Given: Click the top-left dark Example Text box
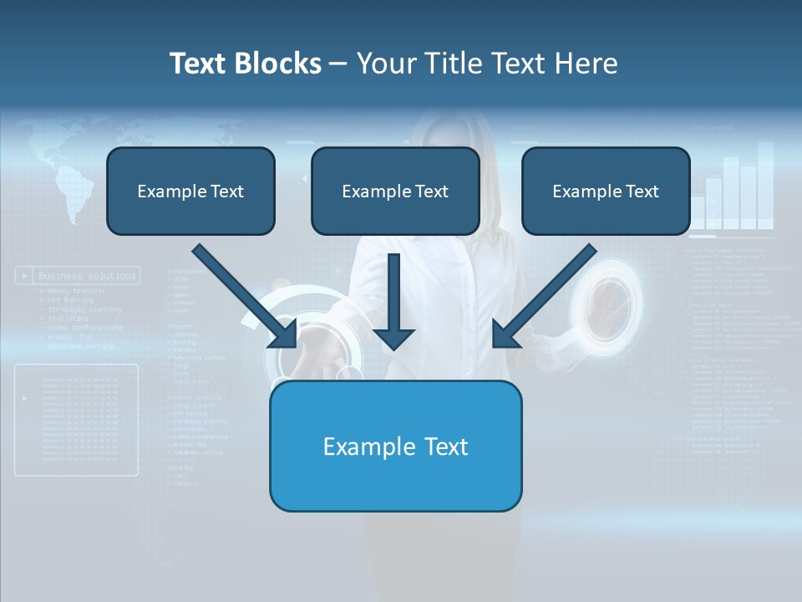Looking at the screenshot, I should coord(190,191).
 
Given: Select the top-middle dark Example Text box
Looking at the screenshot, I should coord(395,191).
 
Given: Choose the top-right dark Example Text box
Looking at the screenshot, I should coord(606,191).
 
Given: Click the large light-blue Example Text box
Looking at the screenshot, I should coord(395,446).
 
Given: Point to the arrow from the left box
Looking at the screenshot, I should coord(246,297).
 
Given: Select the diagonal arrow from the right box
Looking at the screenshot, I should coord(544,297).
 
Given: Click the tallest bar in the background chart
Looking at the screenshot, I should coord(764,184).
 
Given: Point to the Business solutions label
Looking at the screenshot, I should coord(87,275).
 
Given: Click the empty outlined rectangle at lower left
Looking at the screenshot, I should coord(76,420).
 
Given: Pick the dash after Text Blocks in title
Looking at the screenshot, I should coord(338,64).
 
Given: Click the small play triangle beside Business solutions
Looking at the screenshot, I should coord(26,275).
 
